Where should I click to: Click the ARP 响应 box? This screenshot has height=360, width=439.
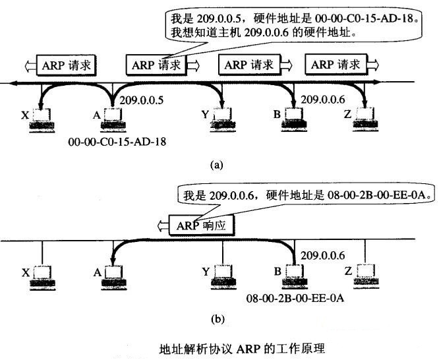coord(202,225)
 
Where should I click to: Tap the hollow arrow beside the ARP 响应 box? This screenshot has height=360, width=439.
coord(161,225)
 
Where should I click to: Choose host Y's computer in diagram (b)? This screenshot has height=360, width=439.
coord(223,276)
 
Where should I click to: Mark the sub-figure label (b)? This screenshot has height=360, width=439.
coord(217,319)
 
